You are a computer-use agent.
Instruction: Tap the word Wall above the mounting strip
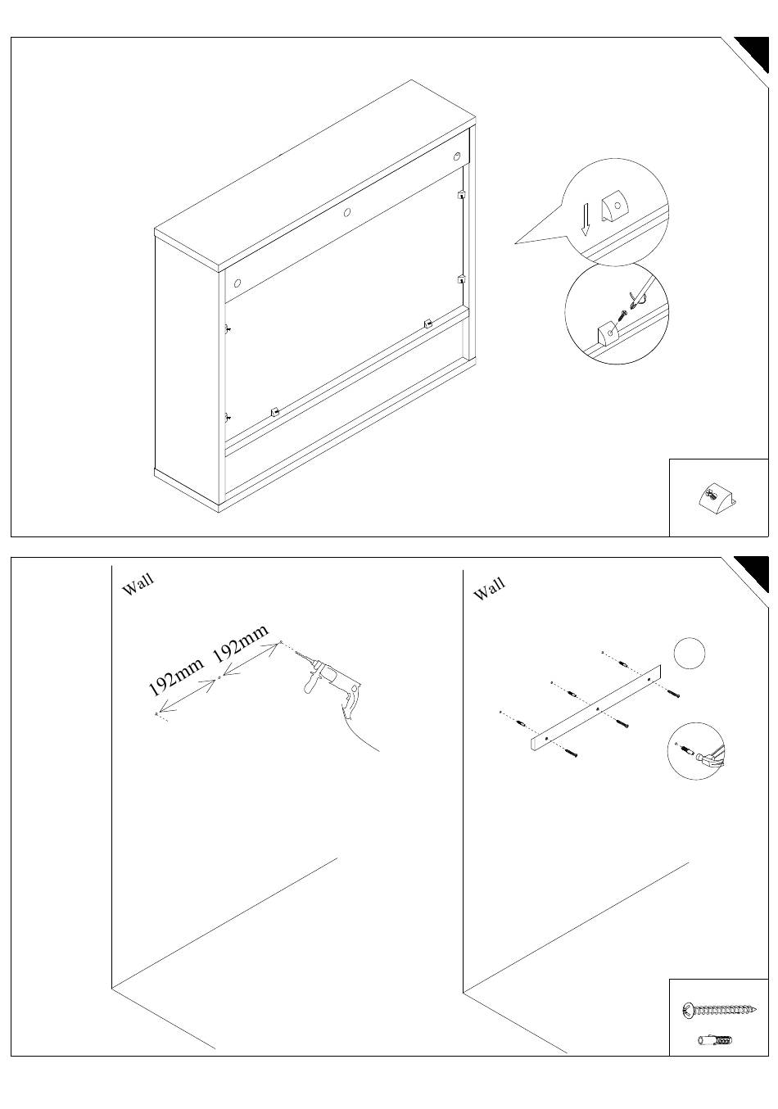(x=490, y=589)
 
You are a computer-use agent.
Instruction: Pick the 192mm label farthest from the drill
(x=176, y=677)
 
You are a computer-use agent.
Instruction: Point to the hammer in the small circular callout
(x=712, y=754)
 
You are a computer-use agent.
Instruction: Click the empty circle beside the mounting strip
(x=690, y=653)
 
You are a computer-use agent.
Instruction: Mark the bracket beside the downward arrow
(x=614, y=207)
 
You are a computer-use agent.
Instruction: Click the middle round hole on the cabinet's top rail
(x=347, y=213)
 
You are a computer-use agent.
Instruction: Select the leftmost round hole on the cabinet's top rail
(x=237, y=283)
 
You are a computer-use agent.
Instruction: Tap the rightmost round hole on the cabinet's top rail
(x=456, y=157)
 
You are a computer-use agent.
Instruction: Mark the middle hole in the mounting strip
(x=598, y=710)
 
